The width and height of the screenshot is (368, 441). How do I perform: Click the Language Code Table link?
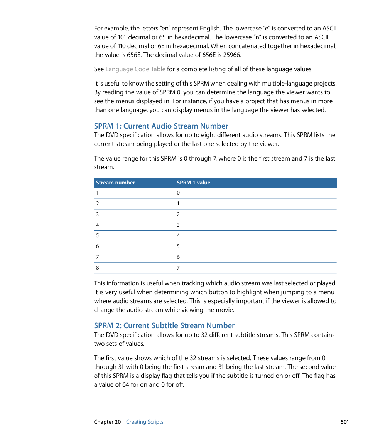point(135,69)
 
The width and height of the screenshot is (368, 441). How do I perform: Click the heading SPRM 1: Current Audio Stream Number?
point(161,126)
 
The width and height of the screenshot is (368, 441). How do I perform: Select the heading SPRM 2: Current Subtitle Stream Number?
point(164,325)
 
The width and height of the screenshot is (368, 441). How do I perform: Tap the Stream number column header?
point(115,183)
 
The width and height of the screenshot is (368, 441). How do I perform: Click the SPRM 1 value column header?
point(193,183)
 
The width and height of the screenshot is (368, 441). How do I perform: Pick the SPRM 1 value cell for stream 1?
point(178,193)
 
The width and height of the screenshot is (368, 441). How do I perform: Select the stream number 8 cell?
point(98,268)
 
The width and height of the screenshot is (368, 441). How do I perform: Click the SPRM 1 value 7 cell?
point(178,268)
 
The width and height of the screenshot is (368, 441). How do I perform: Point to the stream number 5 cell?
point(98,236)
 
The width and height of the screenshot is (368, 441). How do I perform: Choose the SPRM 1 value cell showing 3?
point(178,225)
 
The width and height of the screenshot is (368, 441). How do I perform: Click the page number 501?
point(344,422)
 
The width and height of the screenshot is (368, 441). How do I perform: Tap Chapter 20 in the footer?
point(107,422)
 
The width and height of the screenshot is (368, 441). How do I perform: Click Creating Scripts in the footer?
point(145,422)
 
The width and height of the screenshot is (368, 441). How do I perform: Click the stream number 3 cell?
point(98,215)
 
